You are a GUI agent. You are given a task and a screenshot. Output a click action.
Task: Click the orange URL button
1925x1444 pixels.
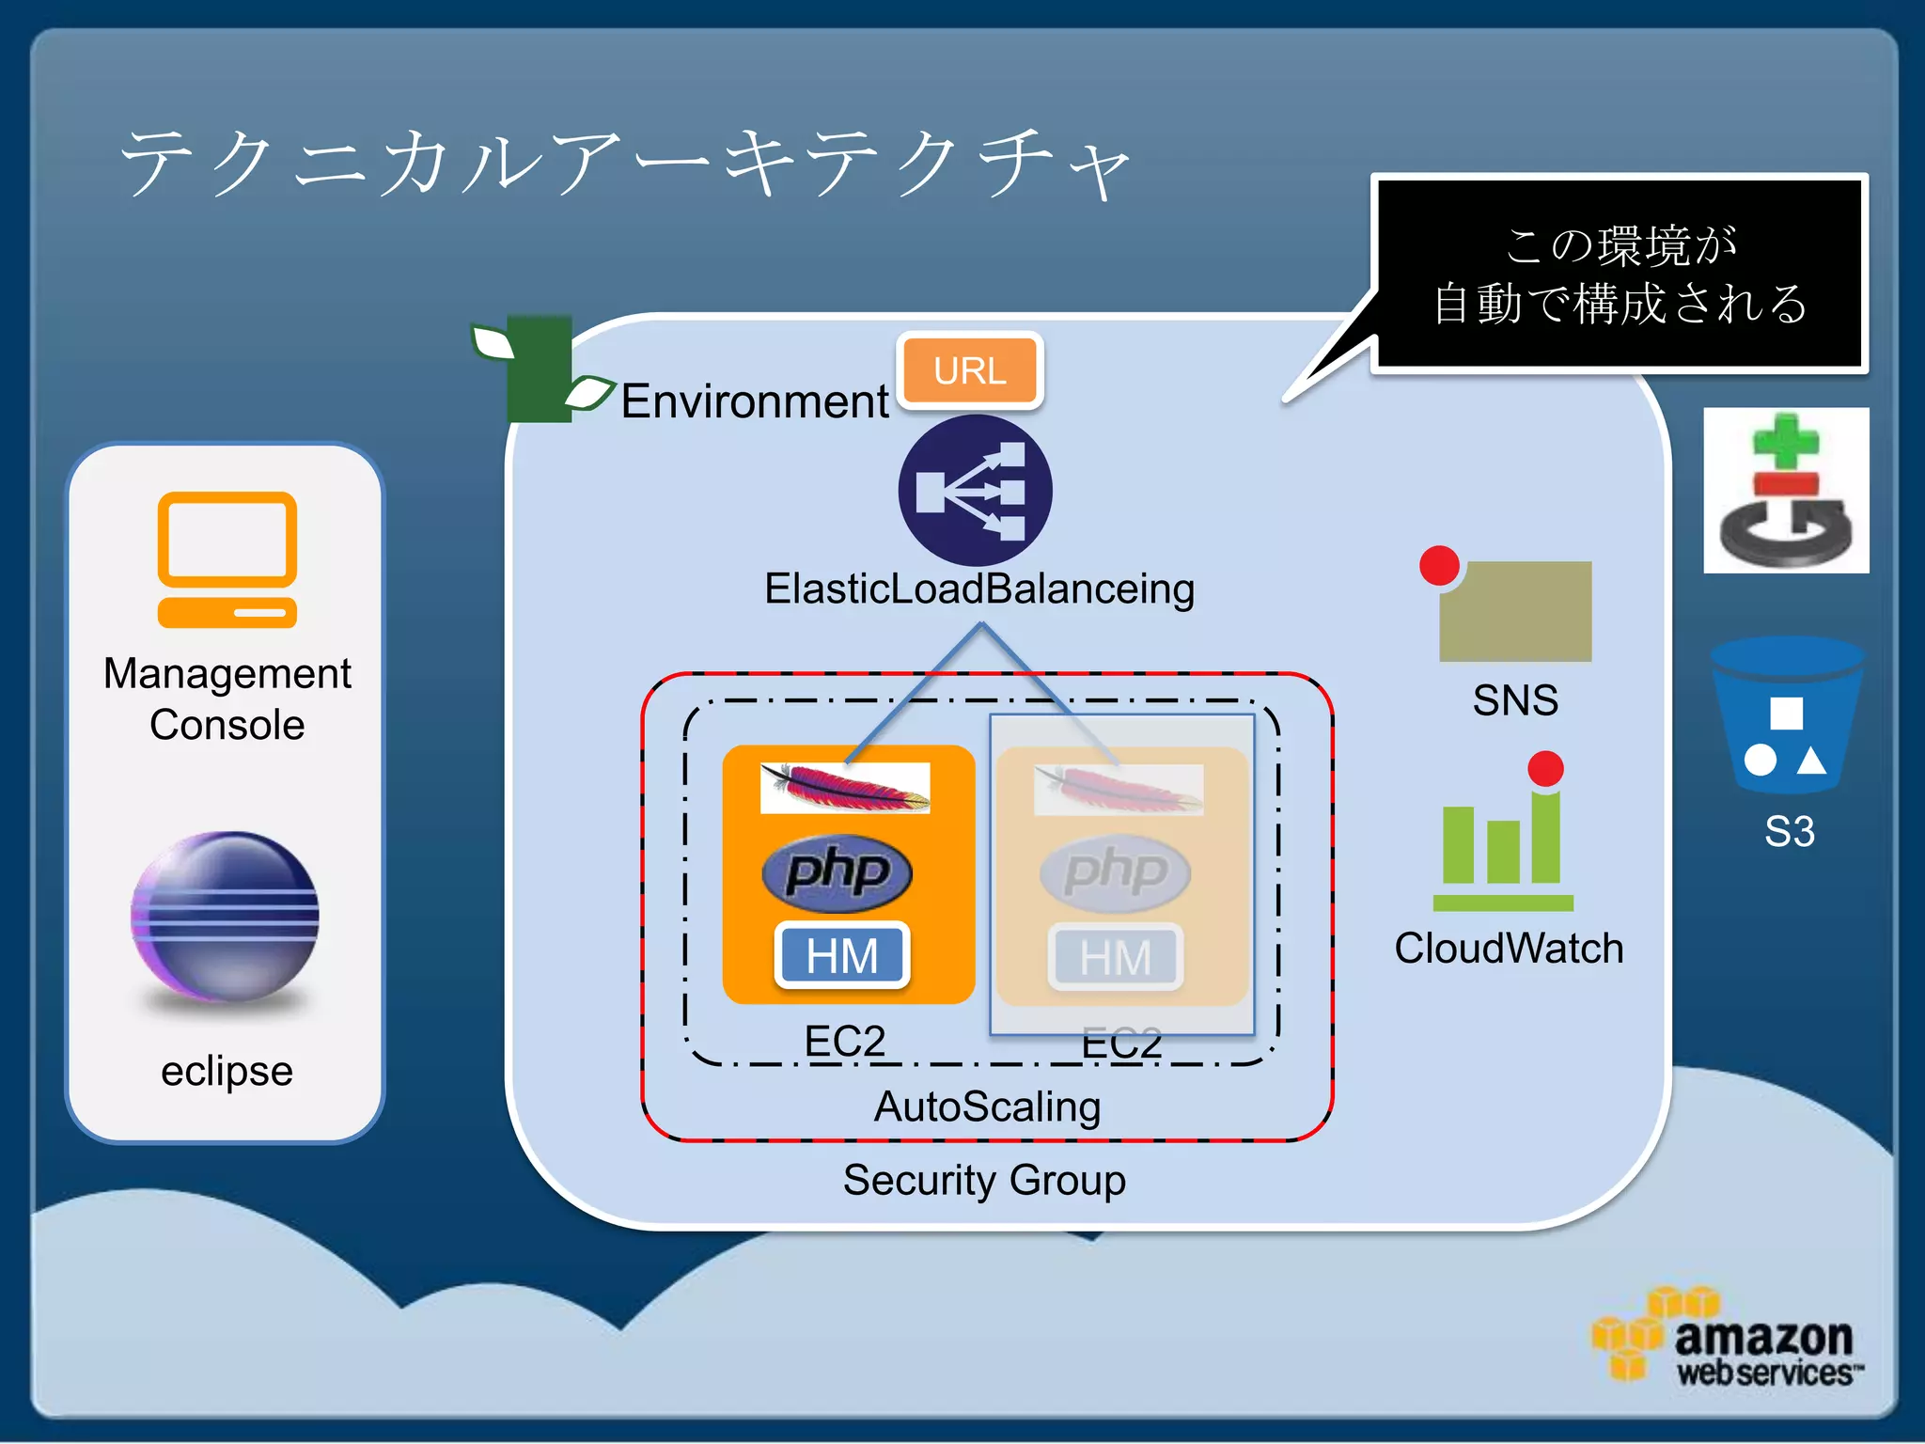pyautogui.click(x=970, y=370)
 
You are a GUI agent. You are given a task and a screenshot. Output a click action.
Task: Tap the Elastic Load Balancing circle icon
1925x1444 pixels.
pyautogui.click(x=975, y=491)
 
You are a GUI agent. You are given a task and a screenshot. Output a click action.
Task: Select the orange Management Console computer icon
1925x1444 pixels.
pyautogui.click(x=227, y=559)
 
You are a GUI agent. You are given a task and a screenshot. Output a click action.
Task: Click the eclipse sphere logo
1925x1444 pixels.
pyautogui.click(x=226, y=918)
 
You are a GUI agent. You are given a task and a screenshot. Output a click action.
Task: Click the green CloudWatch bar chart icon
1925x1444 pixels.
pyautogui.click(x=1502, y=851)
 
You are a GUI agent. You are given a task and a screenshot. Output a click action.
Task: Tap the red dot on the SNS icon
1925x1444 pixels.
pyautogui.click(x=1439, y=566)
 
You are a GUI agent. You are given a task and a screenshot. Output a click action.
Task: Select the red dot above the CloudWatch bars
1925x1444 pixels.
pyautogui.click(x=1545, y=768)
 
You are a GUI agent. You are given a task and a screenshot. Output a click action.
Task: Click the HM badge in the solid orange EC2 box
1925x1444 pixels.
pyautogui.click(x=842, y=956)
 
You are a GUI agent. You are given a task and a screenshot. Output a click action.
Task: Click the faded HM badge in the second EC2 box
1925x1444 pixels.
pyautogui.click(x=1116, y=958)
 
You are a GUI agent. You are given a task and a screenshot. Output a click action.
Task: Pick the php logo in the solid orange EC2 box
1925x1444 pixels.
pyautogui.click(x=837, y=871)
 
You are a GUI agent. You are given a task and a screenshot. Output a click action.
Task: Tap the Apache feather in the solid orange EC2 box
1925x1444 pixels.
pyautogui.click(x=844, y=788)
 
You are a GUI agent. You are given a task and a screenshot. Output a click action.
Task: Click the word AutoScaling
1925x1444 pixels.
pyautogui.click(x=987, y=1107)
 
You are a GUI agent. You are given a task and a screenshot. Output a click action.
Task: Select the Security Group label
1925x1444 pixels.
pyautogui.click(x=984, y=1180)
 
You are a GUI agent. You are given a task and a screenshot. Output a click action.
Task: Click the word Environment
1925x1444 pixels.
pyautogui.click(x=754, y=401)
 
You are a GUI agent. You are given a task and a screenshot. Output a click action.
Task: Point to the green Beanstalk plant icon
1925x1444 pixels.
pyautogui.click(x=539, y=369)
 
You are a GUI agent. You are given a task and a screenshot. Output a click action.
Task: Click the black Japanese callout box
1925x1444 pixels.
pyautogui.click(x=1619, y=274)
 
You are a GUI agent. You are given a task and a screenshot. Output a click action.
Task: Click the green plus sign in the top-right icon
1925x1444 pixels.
pyautogui.click(x=1785, y=441)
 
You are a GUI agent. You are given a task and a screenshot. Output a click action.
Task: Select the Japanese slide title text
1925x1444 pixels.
pyautogui.click(x=625, y=163)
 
